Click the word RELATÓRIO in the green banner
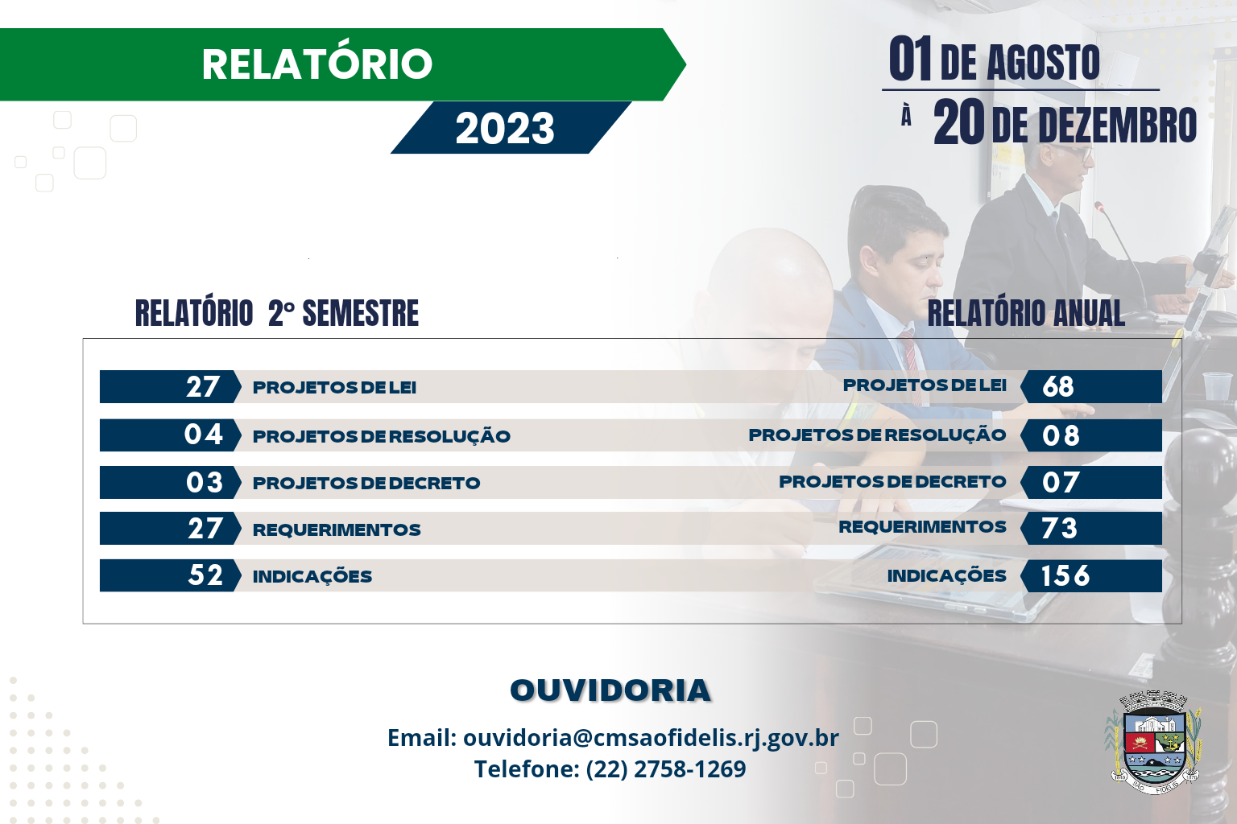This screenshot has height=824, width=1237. [316, 64]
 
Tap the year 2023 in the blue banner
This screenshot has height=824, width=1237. [505, 129]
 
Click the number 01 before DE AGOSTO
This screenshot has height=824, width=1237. [910, 60]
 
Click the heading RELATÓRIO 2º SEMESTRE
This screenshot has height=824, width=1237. [276, 314]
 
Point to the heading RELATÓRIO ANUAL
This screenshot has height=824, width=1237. [1025, 314]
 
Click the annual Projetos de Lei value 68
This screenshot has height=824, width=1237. [1058, 387]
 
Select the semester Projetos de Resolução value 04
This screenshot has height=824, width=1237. [203, 435]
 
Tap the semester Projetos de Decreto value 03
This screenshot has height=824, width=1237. [204, 482]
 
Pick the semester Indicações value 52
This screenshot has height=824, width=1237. [205, 575]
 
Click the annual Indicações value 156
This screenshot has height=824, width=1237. [1065, 576]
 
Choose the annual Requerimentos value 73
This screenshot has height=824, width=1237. [1059, 529]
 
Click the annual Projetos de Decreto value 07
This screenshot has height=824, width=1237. [1060, 482]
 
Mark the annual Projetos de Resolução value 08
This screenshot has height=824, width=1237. [1060, 435]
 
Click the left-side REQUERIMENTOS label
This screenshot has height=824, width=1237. [337, 529]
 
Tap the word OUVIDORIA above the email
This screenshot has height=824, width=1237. [610, 690]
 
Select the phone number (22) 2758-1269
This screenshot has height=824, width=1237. [666, 768]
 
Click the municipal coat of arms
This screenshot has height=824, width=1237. [1152, 742]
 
